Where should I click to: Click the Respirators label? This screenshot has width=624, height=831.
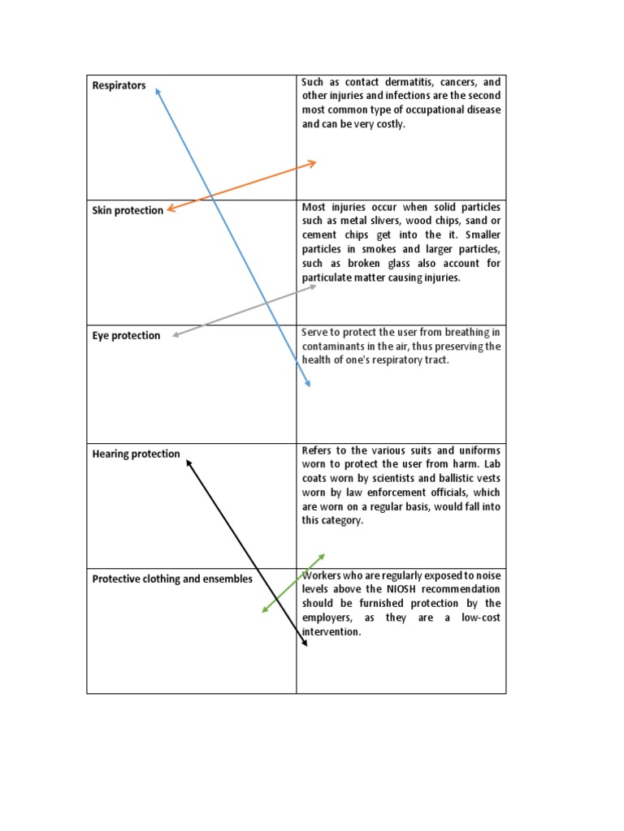[x=119, y=85]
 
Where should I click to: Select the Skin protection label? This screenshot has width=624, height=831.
[x=128, y=211]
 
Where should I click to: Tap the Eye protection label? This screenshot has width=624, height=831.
[x=126, y=336]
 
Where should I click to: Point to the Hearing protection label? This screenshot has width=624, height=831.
[x=136, y=454]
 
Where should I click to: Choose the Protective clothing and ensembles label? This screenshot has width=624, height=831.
[x=172, y=579]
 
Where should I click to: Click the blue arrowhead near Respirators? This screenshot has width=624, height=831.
[x=157, y=90]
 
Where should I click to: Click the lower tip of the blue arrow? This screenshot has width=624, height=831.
[x=309, y=385]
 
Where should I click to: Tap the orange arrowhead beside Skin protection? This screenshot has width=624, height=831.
[x=169, y=211]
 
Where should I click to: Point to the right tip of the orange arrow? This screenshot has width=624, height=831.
[x=314, y=163]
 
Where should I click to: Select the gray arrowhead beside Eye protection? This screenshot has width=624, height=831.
[x=175, y=334]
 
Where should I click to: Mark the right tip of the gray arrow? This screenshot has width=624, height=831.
[x=314, y=286]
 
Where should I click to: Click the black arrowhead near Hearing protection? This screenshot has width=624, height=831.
[x=188, y=462]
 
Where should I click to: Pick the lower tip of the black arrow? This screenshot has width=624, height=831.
[x=306, y=645]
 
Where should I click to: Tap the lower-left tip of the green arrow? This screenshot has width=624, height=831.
[x=263, y=612]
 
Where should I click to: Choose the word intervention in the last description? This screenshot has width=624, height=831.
[x=330, y=632]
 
